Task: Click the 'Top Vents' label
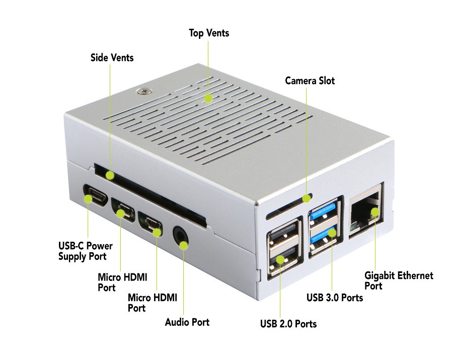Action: [209, 33]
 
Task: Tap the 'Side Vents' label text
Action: [112, 57]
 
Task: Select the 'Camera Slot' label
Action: [310, 81]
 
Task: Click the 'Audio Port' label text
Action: [187, 322]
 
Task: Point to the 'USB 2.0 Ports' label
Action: [288, 324]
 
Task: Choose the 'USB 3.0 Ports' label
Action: [335, 298]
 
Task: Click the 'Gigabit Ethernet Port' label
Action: [399, 280]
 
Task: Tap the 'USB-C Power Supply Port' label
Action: [85, 251]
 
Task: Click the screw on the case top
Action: [144, 91]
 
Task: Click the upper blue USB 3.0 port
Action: [324, 211]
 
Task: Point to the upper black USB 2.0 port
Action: [283, 232]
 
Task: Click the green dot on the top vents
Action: [208, 98]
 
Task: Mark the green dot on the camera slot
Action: [307, 198]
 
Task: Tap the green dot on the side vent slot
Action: [110, 175]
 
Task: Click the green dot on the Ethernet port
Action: [375, 212]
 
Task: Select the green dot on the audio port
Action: [183, 246]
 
